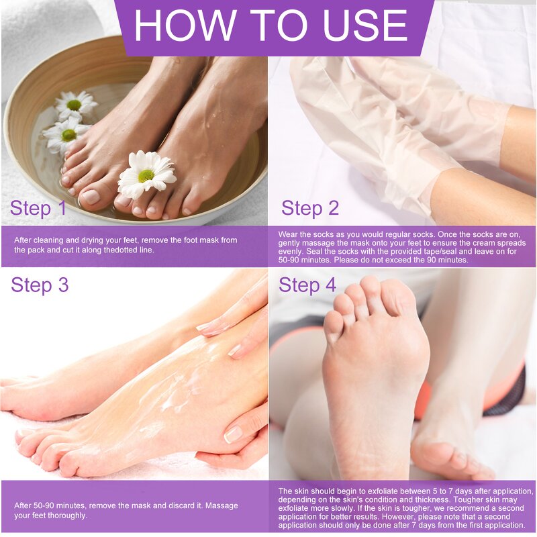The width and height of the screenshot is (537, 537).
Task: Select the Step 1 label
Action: click(38, 208)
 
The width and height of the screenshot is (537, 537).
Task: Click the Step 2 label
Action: click(310, 208)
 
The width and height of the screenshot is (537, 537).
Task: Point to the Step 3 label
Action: click(40, 285)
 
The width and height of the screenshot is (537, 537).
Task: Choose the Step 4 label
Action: click(307, 285)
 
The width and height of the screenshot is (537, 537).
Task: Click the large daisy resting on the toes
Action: click(146, 174)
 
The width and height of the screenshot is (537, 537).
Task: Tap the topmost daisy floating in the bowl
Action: click(75, 104)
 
